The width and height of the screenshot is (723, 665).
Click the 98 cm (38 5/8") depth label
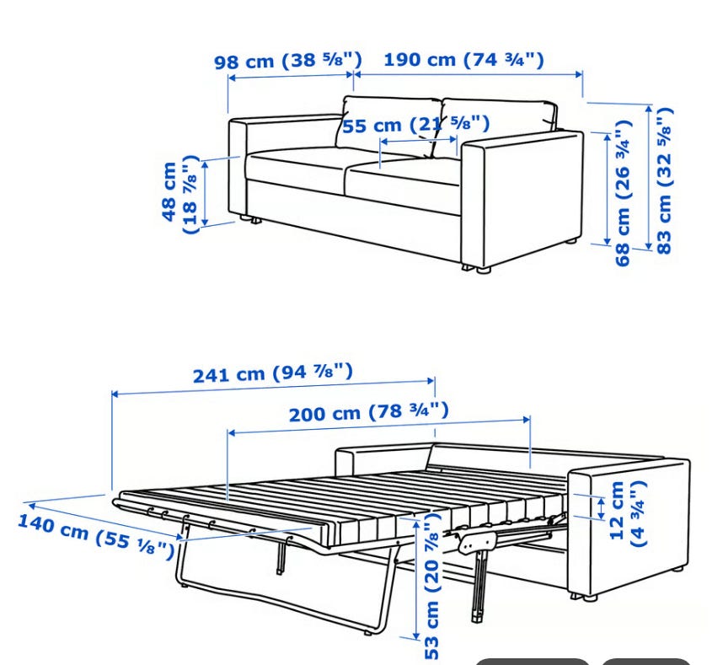point(288,61)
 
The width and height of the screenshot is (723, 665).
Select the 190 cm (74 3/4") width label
point(463,60)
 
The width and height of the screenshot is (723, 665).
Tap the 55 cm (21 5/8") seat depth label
point(416,125)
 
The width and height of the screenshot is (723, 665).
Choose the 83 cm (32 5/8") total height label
point(665,180)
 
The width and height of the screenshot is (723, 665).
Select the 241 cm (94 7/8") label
point(272,373)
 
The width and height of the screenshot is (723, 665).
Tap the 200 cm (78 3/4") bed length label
point(369,412)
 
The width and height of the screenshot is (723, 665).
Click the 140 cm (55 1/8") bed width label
point(96,536)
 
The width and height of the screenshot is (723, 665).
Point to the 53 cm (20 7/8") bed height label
point(431,585)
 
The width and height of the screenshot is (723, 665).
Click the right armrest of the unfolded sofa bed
point(629,526)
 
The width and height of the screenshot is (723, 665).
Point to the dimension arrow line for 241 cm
point(273,388)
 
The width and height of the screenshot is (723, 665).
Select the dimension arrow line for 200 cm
point(379,426)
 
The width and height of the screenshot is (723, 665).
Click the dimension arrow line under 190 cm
point(468,73)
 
